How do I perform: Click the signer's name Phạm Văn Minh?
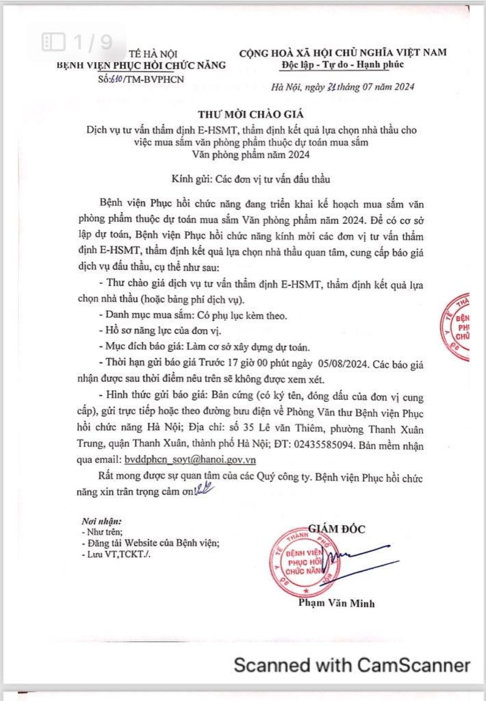point(336,603)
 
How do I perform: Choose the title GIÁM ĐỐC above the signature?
point(337,528)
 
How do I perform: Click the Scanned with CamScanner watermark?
point(352,664)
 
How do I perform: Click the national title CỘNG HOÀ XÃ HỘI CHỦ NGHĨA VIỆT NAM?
point(342,52)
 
